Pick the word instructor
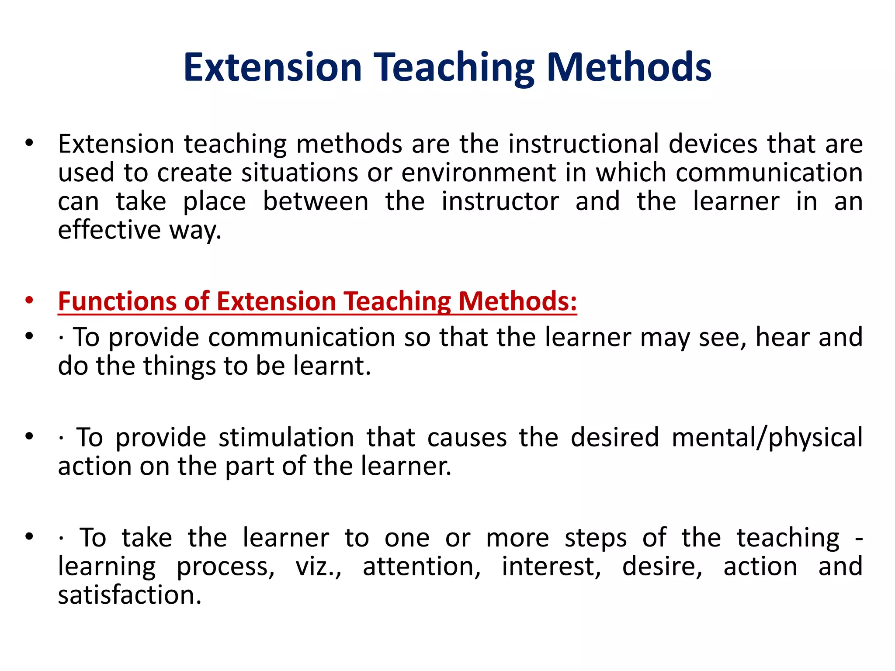[x=500, y=201]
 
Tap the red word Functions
[x=117, y=301]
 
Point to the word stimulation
[x=286, y=437]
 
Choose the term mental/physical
[x=767, y=437]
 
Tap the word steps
[x=596, y=538]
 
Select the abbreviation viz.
[x=318, y=567]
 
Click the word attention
[x=421, y=567]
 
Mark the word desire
[x=662, y=567]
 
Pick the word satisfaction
[x=130, y=595]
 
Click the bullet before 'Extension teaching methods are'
[x=29, y=143]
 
